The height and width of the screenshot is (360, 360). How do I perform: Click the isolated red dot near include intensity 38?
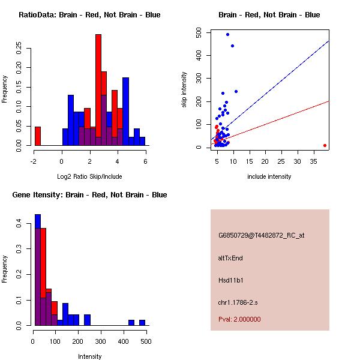[325, 145]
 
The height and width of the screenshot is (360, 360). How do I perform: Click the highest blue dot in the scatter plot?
[227, 34]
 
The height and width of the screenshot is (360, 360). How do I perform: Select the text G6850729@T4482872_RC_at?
[261, 235]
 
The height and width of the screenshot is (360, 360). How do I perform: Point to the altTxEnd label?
[230, 258]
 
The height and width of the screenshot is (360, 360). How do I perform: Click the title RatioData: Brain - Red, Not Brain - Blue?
[89, 14]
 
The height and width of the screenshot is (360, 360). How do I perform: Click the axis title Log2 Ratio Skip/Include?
[89, 176]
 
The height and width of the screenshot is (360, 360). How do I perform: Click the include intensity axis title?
[269, 176]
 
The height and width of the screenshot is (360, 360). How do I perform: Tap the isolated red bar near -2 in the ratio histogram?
[38, 136]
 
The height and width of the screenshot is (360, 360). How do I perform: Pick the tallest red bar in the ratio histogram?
[98, 89]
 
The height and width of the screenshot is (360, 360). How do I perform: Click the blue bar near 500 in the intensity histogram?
[142, 322]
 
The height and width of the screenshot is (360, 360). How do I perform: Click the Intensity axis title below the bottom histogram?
[89, 356]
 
